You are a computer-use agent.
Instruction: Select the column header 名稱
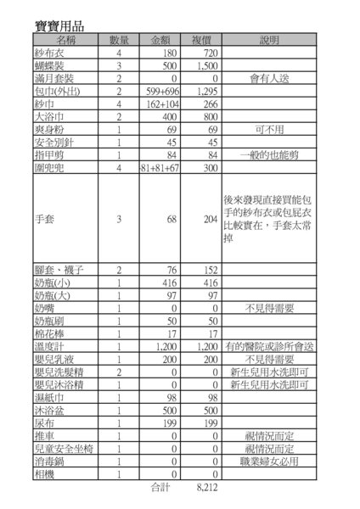click(67, 41)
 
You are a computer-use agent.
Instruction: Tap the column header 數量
click(119, 41)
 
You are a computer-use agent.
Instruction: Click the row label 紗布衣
click(42, 53)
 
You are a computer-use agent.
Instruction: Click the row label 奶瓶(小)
click(45, 282)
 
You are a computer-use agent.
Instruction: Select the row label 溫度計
click(42, 348)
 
